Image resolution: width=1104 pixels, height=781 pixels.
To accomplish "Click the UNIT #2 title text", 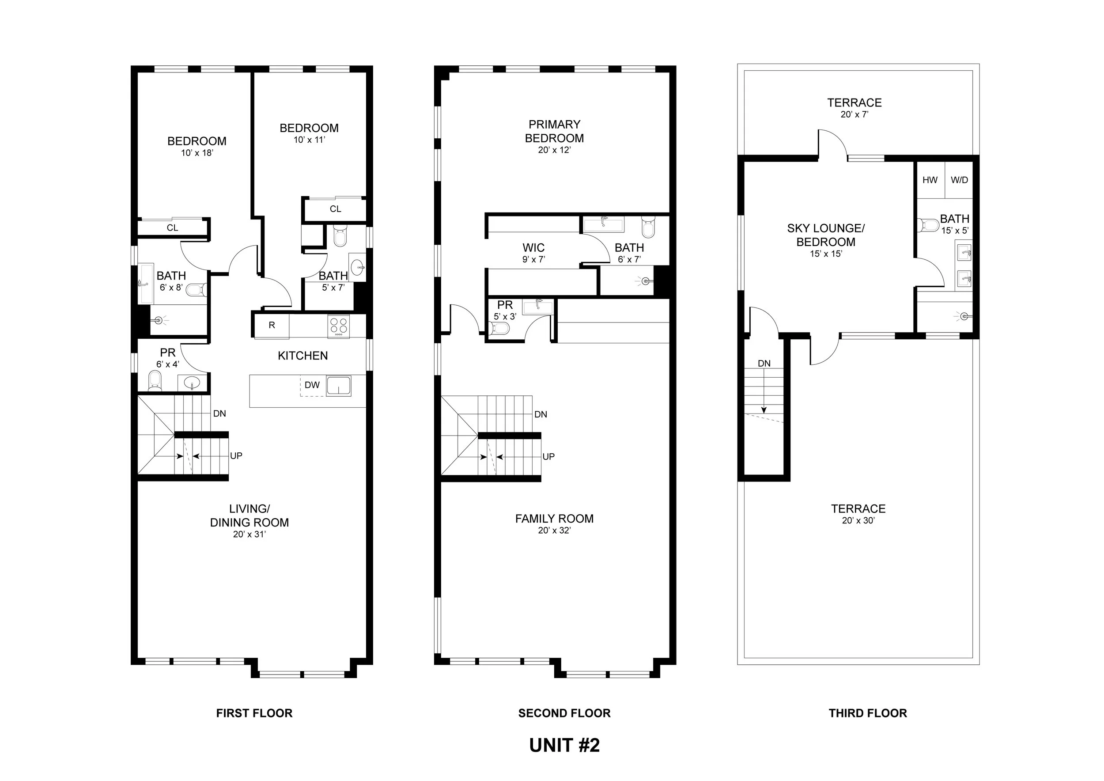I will pyautogui.click(x=564, y=745).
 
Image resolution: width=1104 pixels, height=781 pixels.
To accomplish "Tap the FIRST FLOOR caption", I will pyautogui.click(x=254, y=713).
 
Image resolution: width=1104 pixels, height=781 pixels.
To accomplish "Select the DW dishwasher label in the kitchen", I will pyautogui.click(x=312, y=385).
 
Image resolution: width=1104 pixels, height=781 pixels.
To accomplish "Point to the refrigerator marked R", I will pyautogui.click(x=272, y=326).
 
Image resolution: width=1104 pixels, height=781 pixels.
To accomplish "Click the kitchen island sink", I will pyautogui.click(x=339, y=386).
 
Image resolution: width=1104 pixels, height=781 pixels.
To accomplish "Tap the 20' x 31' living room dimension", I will pyautogui.click(x=249, y=535).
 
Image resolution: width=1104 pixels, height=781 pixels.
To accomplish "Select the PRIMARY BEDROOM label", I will pyautogui.click(x=554, y=131).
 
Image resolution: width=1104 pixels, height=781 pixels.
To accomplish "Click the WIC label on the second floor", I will pyautogui.click(x=533, y=248).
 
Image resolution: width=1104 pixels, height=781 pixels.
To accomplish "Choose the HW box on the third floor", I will pyautogui.click(x=930, y=180).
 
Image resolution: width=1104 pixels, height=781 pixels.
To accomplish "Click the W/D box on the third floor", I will pyautogui.click(x=959, y=180).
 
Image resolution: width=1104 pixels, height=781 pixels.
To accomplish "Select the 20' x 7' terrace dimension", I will pyautogui.click(x=854, y=114).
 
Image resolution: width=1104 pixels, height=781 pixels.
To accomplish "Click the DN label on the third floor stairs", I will pyautogui.click(x=764, y=364).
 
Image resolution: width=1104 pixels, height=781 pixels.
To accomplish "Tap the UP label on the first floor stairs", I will pyautogui.click(x=236, y=455).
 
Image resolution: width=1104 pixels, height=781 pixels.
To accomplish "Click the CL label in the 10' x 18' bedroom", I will pyautogui.click(x=172, y=228).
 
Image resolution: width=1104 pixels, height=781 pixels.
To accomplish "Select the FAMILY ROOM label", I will pyautogui.click(x=554, y=519).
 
